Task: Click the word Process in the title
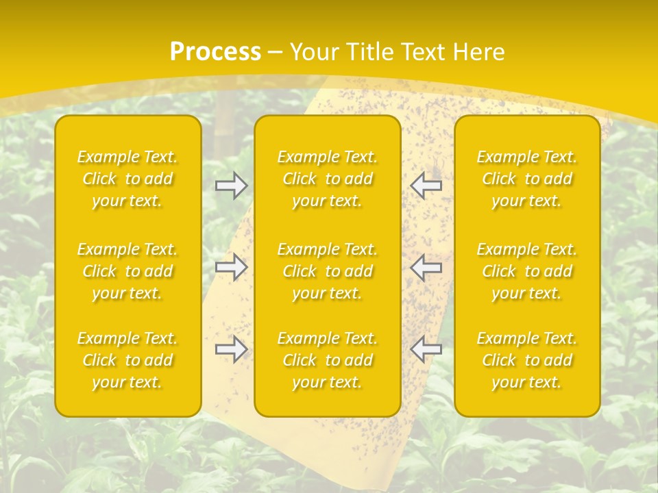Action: point(215,52)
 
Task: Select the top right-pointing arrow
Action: point(231,186)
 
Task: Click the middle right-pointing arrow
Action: point(231,267)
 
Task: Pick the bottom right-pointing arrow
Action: point(231,350)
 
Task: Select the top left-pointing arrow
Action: point(426,184)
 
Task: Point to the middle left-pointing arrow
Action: point(426,267)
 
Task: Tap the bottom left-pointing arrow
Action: point(426,349)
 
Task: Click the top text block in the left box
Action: point(127,179)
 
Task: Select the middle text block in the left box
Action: point(127,271)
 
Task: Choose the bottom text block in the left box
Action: point(127,360)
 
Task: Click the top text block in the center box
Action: point(328,179)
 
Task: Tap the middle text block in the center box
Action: point(328,271)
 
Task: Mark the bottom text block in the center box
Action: point(328,360)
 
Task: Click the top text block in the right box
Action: point(527,179)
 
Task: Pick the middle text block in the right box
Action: point(527,271)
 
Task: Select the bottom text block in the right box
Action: point(527,360)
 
